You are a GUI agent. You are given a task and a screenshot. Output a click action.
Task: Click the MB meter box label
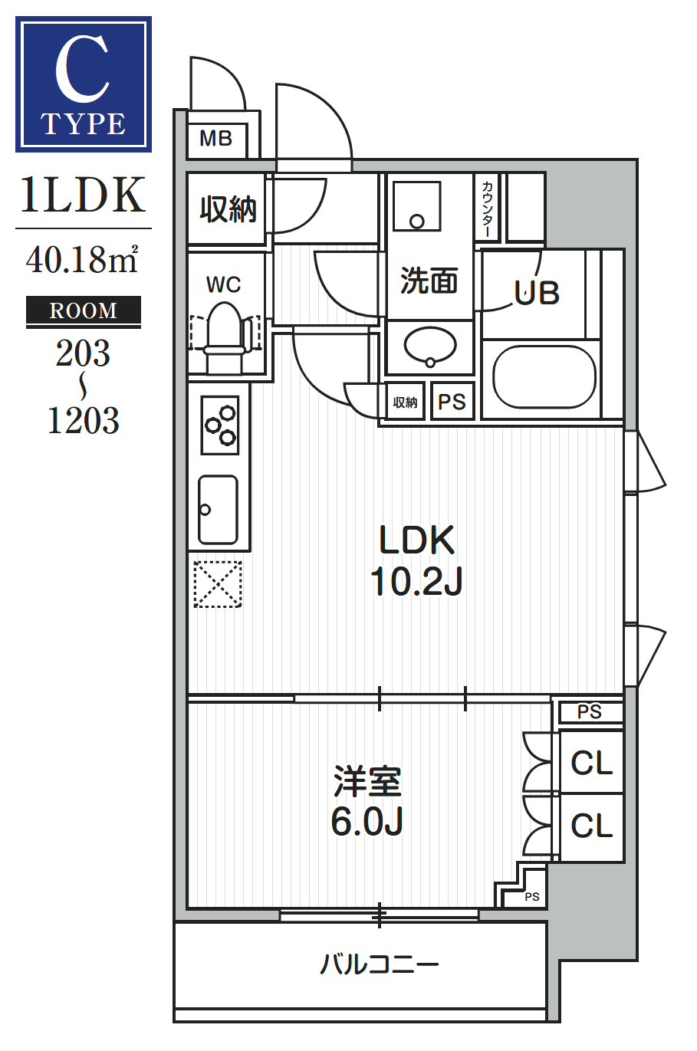click(215, 139)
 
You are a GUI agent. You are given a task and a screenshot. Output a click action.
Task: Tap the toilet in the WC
click(225, 336)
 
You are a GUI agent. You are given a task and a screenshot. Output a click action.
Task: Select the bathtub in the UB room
click(544, 376)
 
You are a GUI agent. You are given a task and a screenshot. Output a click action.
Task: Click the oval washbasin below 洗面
click(430, 346)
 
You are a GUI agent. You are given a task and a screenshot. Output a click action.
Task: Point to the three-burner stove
click(219, 425)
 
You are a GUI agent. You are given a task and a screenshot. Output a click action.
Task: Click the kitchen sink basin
click(218, 510)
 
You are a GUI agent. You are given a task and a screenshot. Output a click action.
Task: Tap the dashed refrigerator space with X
click(218, 584)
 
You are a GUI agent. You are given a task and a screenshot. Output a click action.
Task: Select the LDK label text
click(416, 540)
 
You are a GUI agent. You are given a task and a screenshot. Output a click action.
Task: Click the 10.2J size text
click(416, 581)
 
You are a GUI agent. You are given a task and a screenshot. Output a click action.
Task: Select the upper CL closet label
click(591, 763)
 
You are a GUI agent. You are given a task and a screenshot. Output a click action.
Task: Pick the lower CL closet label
click(591, 826)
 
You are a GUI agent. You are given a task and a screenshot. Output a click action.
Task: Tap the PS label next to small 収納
click(452, 402)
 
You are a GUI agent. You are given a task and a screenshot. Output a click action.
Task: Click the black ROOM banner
click(83, 310)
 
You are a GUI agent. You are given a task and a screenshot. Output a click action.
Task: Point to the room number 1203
click(83, 420)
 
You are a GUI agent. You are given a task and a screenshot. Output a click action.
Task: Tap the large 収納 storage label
click(228, 209)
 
